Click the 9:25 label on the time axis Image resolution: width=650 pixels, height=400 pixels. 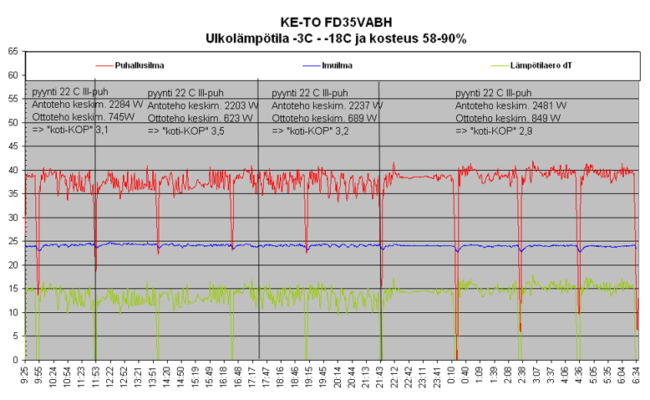pos(27,377)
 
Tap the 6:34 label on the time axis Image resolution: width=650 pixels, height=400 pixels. pos(637,377)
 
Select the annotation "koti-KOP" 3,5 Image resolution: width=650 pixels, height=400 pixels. pos(185,131)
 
